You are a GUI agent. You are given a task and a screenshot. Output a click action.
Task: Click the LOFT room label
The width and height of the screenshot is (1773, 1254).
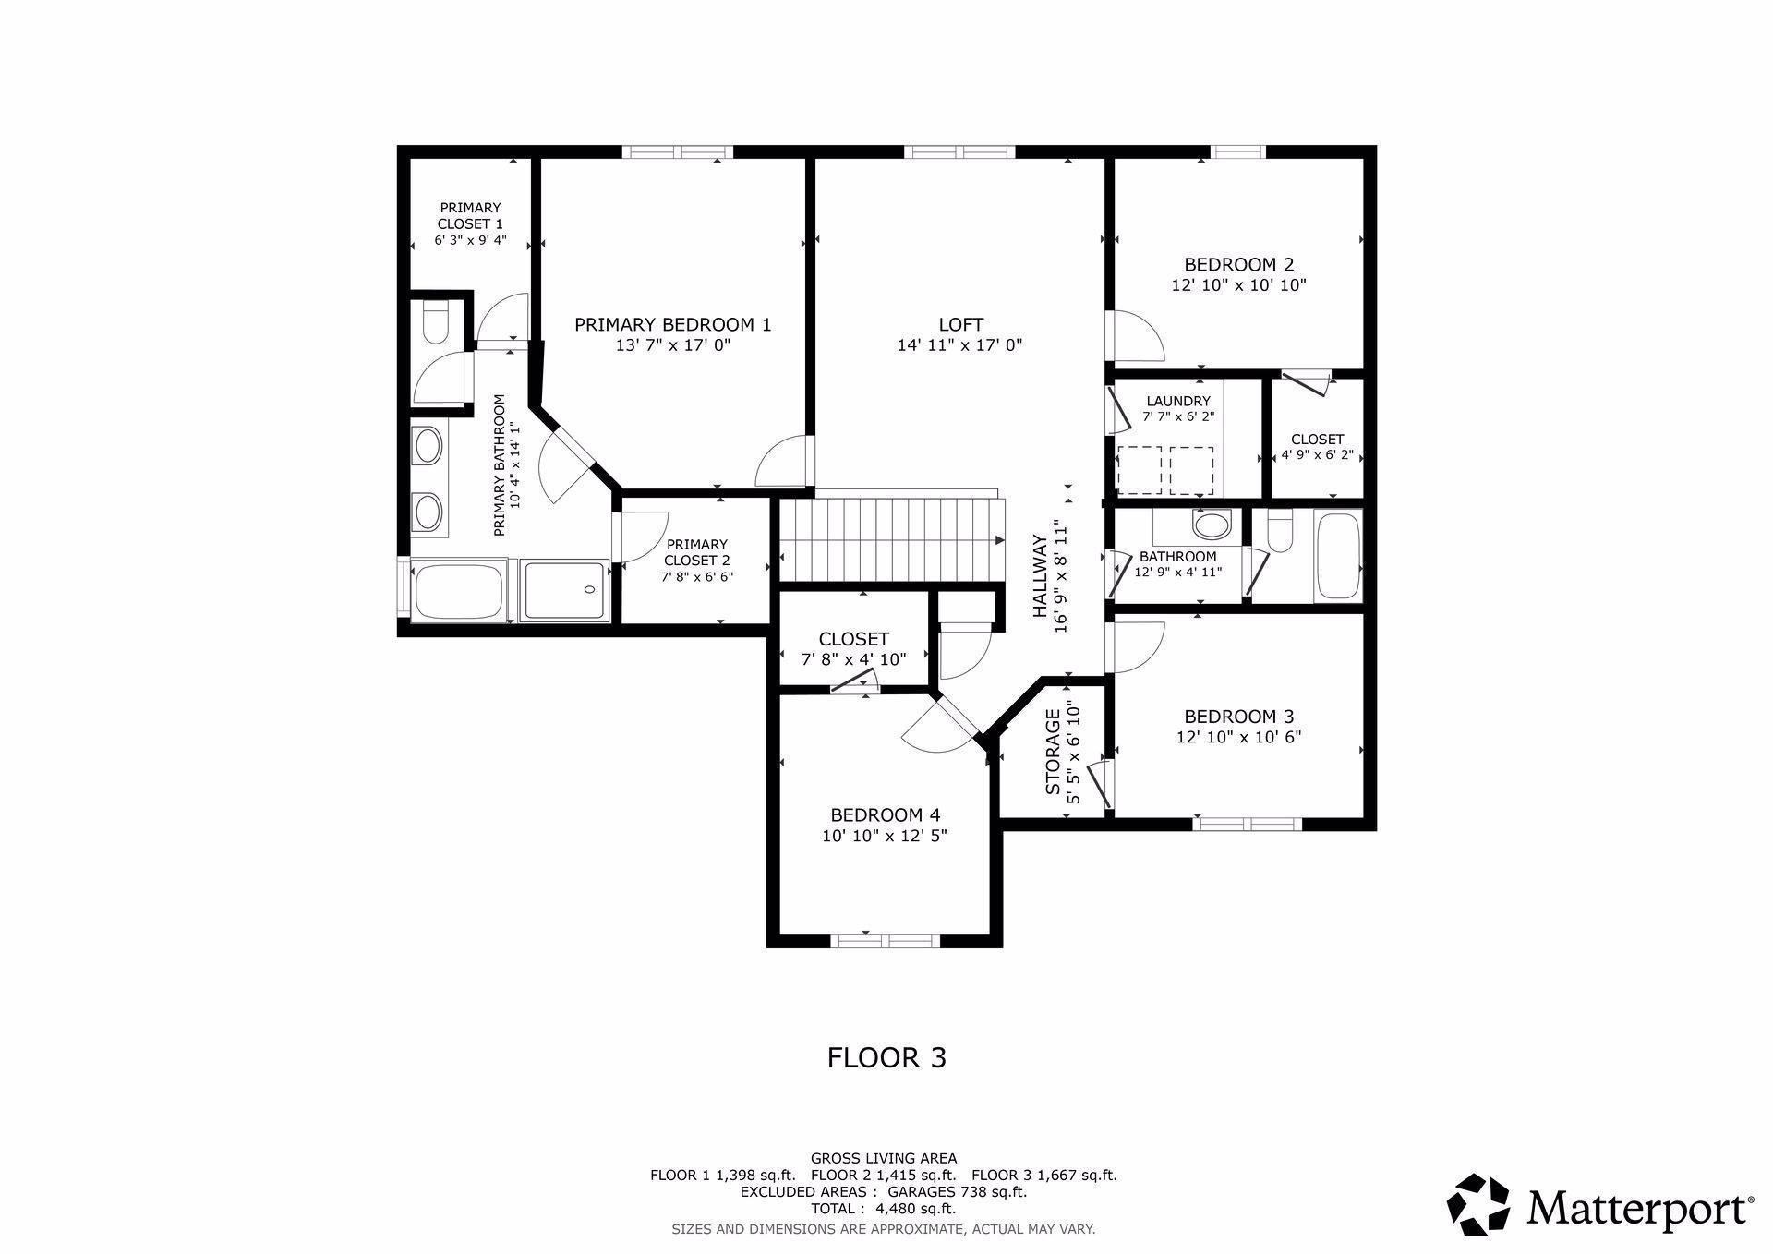coord(960,325)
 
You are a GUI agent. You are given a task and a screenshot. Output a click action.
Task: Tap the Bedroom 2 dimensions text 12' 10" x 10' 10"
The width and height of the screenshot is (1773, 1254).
coord(1238,285)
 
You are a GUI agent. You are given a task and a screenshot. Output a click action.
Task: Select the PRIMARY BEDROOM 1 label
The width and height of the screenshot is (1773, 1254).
coord(672,325)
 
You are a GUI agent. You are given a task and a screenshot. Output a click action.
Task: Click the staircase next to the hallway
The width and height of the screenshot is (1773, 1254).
coord(891,539)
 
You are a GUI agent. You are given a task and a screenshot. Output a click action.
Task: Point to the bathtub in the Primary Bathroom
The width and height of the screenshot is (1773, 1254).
coord(459,591)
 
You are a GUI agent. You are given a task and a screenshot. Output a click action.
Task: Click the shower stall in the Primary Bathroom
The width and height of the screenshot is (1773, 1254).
coord(564,590)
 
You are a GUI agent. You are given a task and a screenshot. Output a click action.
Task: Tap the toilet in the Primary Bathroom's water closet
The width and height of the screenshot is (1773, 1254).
coord(433,322)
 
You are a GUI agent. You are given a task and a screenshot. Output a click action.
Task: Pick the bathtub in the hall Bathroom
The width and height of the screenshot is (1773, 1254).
coord(1337,556)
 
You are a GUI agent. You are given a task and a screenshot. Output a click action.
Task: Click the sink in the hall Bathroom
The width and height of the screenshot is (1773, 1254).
coord(1212,526)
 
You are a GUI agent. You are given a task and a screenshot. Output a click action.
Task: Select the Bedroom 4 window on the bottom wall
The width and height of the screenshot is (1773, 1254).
coord(886,940)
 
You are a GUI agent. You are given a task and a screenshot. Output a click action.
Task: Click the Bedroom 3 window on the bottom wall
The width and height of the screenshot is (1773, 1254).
coord(1247,824)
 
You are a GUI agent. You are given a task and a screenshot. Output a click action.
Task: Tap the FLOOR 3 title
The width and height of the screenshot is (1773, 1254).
coord(886,1057)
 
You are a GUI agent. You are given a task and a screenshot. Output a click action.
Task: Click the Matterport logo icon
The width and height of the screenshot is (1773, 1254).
coord(1477,1205)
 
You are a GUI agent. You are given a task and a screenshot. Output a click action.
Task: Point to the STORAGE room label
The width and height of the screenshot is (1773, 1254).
coord(1053,765)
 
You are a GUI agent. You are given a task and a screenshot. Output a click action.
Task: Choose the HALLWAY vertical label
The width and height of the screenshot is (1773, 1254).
coord(1040,576)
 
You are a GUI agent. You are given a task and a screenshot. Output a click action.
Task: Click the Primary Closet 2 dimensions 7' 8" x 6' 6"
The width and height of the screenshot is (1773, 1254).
coord(696,576)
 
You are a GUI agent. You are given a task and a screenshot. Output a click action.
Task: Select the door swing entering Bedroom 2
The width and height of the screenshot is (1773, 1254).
coord(1136,338)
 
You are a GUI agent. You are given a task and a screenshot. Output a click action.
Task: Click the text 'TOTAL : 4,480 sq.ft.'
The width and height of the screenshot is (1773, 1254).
coord(883,1208)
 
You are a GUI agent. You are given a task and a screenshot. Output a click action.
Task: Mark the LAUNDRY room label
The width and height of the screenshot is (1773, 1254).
coord(1177,401)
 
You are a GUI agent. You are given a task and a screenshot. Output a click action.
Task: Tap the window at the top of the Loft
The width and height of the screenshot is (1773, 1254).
coord(959,152)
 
